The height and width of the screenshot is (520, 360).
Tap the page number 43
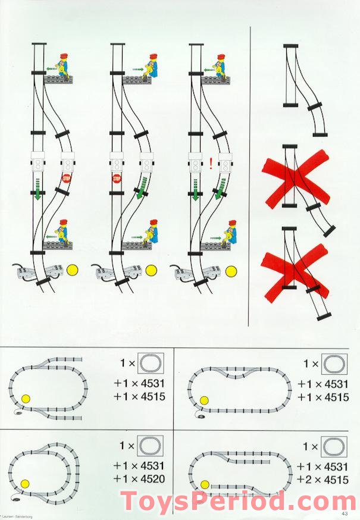click(345, 514)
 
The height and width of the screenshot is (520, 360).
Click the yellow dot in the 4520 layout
click(24, 483)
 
